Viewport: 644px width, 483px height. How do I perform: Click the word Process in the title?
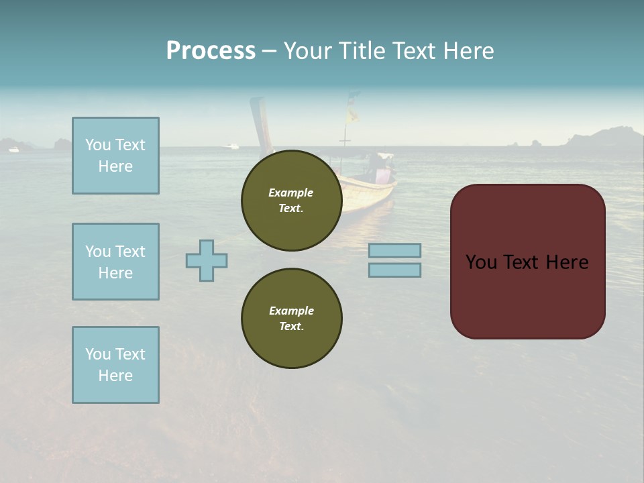coord(211,51)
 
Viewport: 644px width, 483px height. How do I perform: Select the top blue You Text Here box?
coord(115,156)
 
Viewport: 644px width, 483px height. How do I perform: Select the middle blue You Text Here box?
coord(115,262)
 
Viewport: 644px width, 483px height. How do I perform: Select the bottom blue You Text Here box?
coord(115,365)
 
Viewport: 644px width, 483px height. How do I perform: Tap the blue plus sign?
coord(207,260)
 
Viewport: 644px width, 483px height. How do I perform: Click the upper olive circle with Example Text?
coord(291,201)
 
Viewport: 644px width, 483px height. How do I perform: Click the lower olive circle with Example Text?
coord(291,319)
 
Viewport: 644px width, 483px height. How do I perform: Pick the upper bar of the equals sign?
coord(394,250)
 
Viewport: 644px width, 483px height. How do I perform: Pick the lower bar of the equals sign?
coord(394,270)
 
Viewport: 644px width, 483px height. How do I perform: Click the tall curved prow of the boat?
coord(258,121)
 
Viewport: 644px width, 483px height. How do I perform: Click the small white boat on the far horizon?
coord(232,146)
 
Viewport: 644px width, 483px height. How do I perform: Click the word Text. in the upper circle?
coord(291,209)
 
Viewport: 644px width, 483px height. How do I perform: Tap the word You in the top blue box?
coord(98,145)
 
